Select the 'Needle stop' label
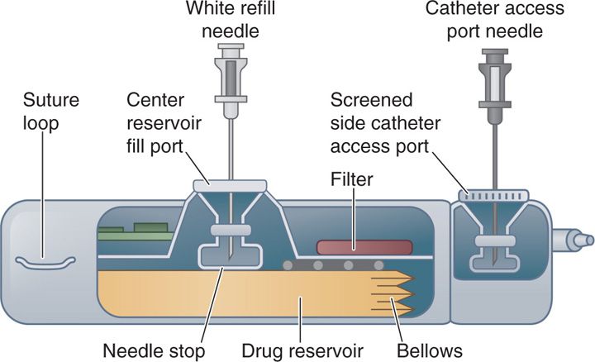pyautogui.click(x=154, y=350)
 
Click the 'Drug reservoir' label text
pyautogui.click(x=297, y=350)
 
